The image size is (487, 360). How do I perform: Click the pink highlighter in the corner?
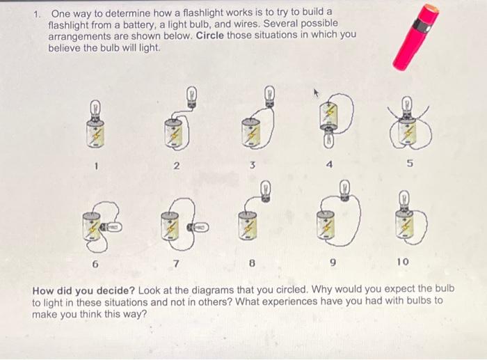pyautogui.click(x=415, y=38)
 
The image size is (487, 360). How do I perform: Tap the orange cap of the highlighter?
pyautogui.click(x=431, y=12)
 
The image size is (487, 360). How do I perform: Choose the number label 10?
pyautogui.click(x=404, y=262)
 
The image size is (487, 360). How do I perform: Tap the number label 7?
pyautogui.click(x=177, y=263)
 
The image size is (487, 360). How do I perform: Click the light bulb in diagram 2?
pyautogui.click(x=192, y=95)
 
